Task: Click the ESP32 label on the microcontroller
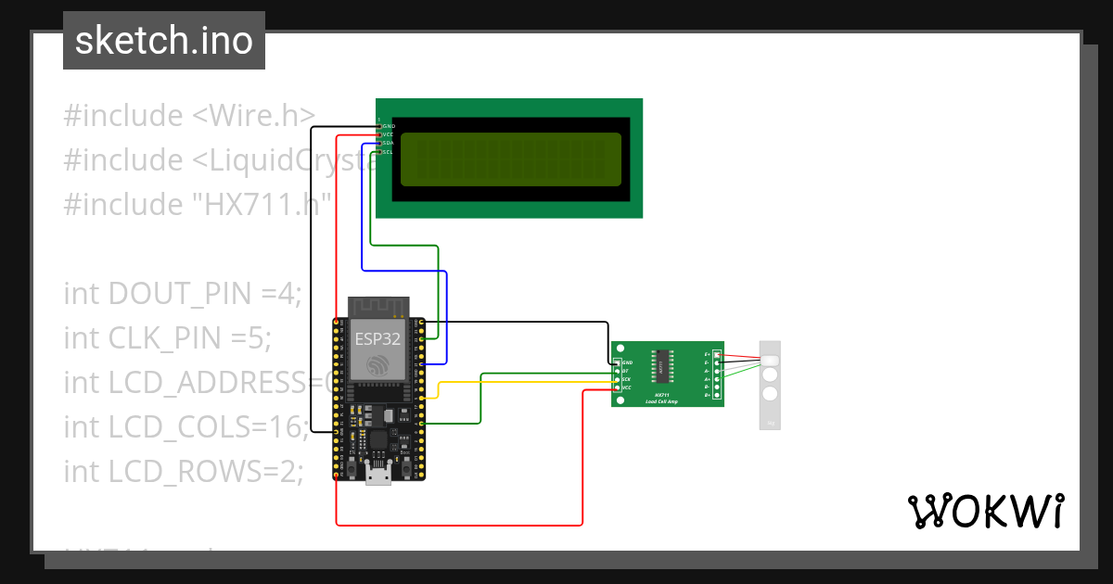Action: click(377, 338)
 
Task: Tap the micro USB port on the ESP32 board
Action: click(377, 476)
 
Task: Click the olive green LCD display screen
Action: click(510, 158)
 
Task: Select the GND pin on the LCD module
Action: click(379, 126)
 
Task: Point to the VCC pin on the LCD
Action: click(379, 134)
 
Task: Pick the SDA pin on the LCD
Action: click(379, 144)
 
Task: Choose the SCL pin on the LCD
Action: click(379, 152)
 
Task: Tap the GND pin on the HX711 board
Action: click(618, 362)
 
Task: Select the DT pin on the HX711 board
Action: click(618, 370)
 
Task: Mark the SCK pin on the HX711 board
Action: click(618, 379)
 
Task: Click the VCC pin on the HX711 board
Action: click(618, 387)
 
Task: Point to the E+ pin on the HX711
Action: click(715, 354)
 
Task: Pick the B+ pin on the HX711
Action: click(715, 396)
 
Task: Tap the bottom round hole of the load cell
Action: click(770, 394)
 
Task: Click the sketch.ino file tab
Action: click(164, 41)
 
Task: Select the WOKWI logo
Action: click(985, 511)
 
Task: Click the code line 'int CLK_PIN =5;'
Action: click(168, 338)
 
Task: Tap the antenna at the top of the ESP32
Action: click(377, 307)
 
